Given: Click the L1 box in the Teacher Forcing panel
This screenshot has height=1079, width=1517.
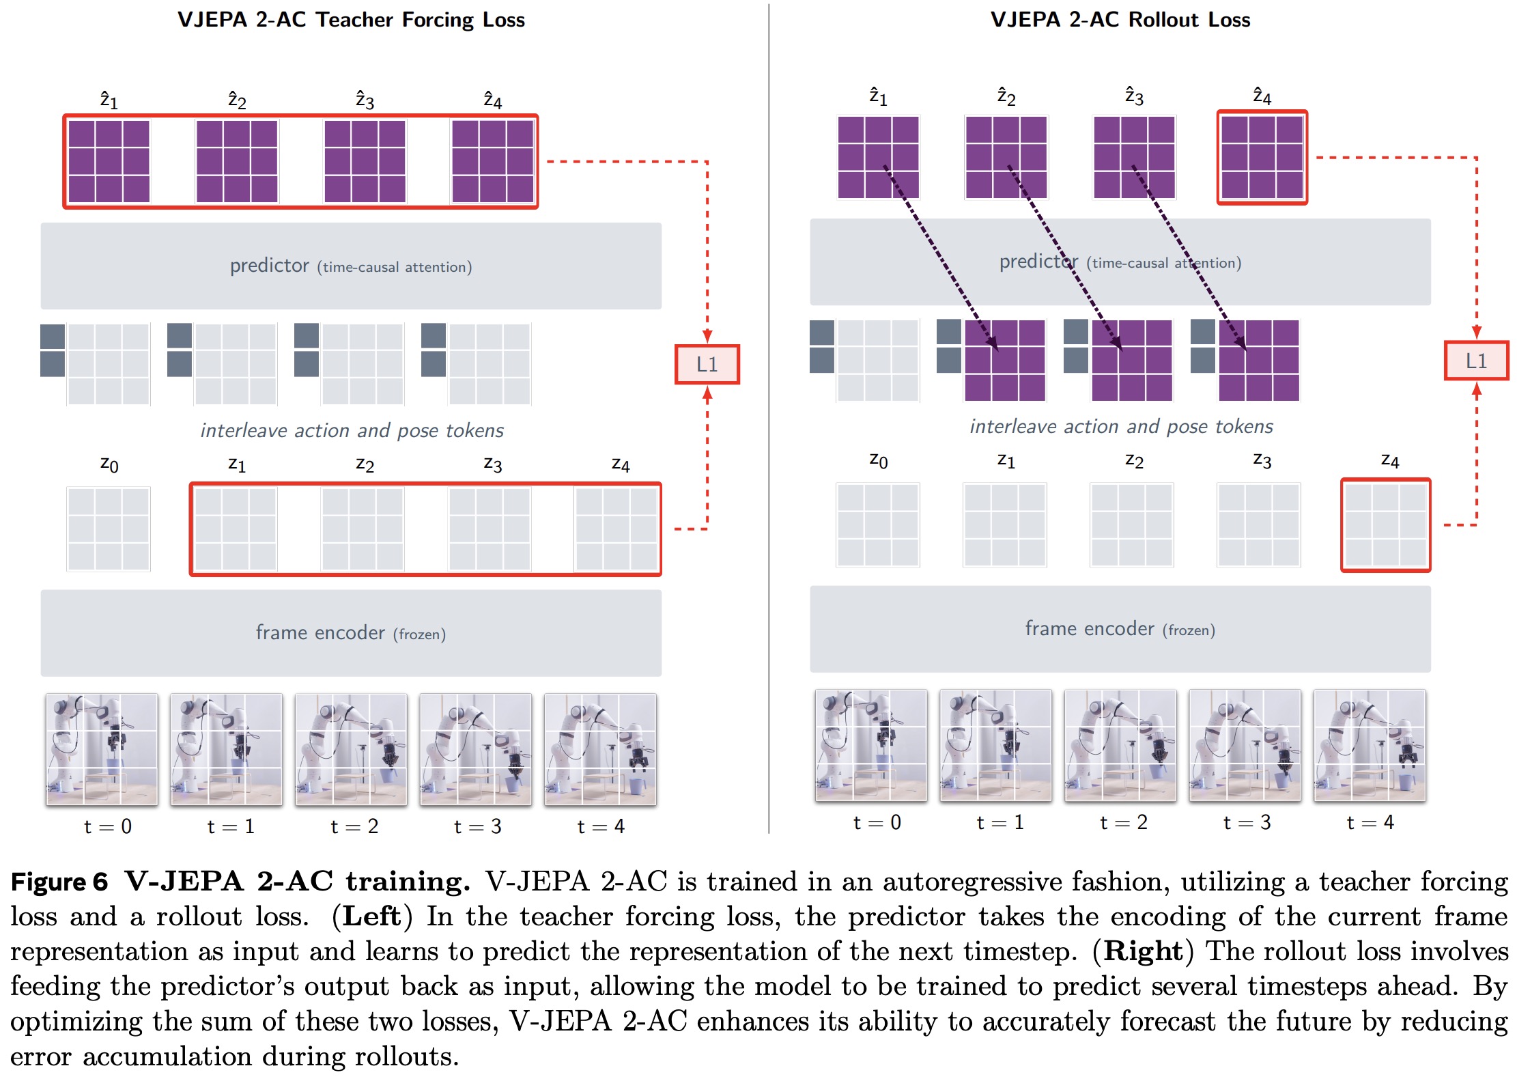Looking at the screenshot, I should (x=707, y=365).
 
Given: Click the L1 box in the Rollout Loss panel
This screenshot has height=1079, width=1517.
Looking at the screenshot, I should (x=1476, y=361).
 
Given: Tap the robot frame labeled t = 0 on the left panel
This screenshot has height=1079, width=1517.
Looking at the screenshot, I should (x=102, y=749).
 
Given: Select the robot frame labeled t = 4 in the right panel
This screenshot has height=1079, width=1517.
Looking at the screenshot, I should (x=1370, y=745).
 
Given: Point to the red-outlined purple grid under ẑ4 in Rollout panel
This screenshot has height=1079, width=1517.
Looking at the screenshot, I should (x=1262, y=158).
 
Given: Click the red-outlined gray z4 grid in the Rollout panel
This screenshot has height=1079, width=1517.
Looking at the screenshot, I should (x=1385, y=525).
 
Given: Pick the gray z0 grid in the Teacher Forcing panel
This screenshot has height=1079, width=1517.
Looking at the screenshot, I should (x=109, y=529).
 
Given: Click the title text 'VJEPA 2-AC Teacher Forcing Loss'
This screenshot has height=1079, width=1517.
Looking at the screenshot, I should (x=351, y=20).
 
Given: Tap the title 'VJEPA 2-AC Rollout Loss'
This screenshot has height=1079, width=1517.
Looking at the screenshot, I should (x=1120, y=20).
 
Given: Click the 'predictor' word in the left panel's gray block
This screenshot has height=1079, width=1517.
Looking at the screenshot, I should (x=269, y=266).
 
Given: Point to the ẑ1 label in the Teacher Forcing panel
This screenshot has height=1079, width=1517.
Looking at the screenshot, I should (x=109, y=100).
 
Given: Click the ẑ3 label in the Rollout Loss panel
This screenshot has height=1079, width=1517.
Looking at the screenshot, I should (x=1134, y=96).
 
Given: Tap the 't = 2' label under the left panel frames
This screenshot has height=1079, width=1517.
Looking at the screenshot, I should (x=354, y=826).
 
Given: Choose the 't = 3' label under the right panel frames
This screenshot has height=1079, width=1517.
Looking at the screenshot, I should (x=1247, y=822).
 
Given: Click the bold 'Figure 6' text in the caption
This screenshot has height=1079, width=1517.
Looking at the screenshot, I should (x=59, y=882).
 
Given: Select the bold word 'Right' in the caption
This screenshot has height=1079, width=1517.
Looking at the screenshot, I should (x=1143, y=951).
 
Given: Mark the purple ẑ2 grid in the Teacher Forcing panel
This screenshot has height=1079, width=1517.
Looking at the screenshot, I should (x=236, y=161).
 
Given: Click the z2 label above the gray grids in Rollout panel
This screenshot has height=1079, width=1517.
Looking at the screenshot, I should (x=1134, y=461).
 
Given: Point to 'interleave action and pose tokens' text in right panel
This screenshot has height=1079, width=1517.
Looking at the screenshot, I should (x=1121, y=426).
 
